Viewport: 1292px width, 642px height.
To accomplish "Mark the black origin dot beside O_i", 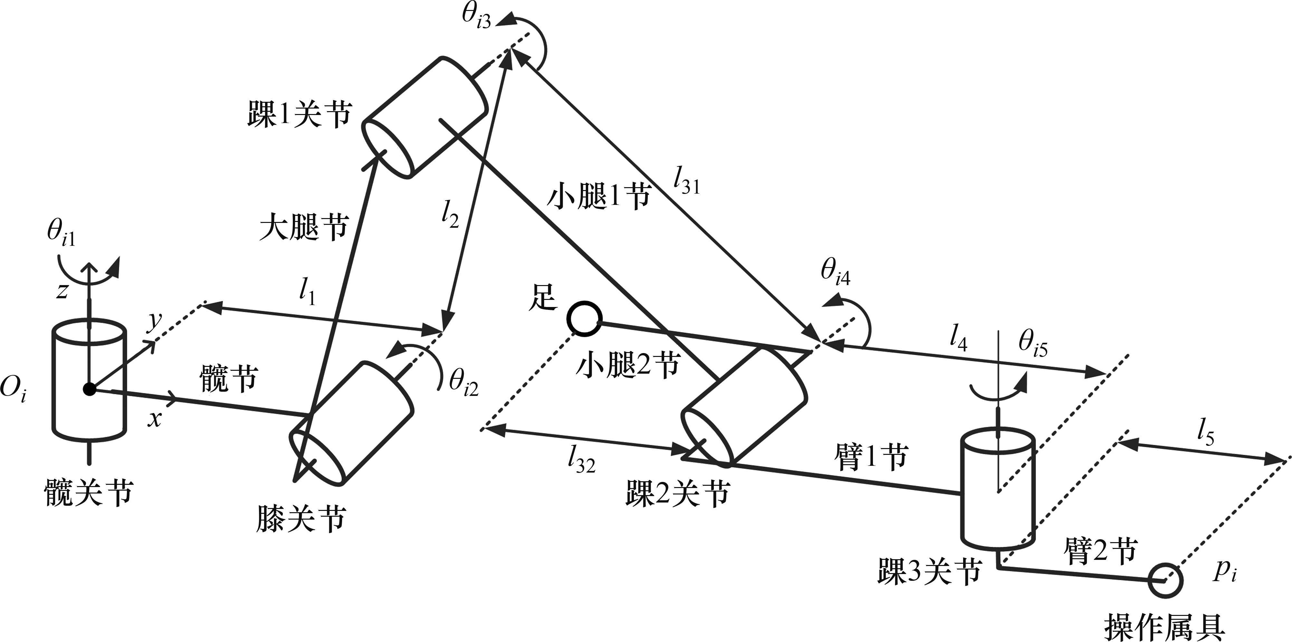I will tap(89, 389).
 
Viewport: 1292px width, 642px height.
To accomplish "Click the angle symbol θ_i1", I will tap(61, 233).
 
